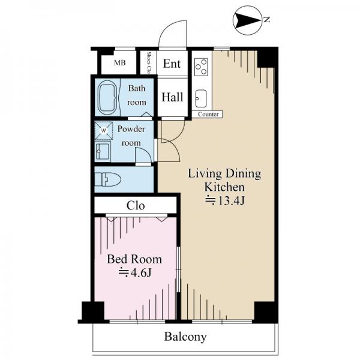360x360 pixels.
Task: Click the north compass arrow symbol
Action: pos(247,20)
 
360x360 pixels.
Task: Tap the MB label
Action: pos(119,62)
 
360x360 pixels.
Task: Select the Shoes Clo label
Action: pos(149,62)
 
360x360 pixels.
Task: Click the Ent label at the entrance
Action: pos(172,64)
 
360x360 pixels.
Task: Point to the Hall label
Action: pos(172,97)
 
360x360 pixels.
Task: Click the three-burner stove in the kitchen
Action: pos(201,67)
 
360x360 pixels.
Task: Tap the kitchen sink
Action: pos(201,98)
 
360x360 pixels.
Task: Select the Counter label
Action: pos(208,114)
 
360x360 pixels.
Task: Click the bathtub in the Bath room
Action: pos(107,97)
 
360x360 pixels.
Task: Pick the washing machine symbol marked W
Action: pos(104,131)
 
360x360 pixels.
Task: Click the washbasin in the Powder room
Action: pos(103,151)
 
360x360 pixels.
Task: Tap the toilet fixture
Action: pos(107,179)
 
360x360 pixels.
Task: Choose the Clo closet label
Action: pos(136,206)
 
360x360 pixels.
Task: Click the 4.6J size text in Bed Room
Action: pos(135,273)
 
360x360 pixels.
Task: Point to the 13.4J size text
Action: pos(225,201)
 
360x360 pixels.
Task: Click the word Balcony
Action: pos(185,337)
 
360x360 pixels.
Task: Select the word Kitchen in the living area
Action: pos(224,187)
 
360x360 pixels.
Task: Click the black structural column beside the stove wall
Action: pos(266,59)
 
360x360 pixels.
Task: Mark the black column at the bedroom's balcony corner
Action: pos(93,311)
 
